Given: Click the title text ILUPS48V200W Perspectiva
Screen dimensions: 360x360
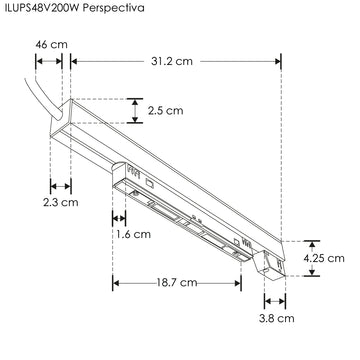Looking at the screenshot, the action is coord(75,8).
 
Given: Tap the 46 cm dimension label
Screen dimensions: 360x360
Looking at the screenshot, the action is coord(52,44).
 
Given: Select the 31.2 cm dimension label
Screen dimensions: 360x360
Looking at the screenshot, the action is coord(172,61).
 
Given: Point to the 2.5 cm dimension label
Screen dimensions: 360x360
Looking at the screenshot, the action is coord(166,111).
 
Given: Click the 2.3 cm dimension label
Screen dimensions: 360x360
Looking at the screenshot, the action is coord(61,202).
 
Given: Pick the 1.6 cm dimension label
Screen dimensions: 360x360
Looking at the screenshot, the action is coord(133,234).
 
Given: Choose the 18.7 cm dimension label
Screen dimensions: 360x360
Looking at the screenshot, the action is coord(177,283).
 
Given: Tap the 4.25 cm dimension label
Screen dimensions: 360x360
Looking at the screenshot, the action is coord(324,258).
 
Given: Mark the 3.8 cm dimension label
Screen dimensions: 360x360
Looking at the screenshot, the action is coord(277,318).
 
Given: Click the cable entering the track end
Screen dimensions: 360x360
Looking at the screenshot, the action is coord(42,99).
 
